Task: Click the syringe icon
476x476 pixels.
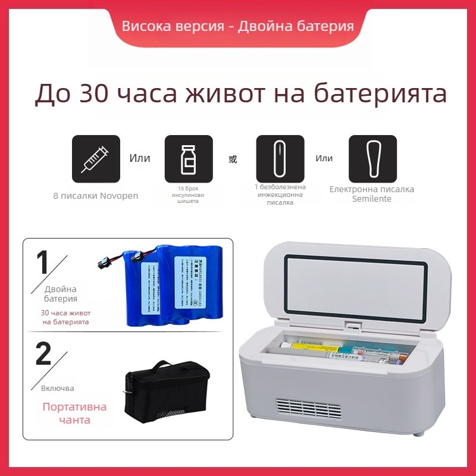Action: (96, 159)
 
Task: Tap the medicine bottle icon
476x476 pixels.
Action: (188, 159)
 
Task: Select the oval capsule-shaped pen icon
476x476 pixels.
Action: (280, 159)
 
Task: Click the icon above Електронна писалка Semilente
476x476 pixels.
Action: (372, 159)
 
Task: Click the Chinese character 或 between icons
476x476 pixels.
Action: (233, 159)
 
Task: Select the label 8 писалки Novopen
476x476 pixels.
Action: (96, 196)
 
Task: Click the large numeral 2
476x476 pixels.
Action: (43, 354)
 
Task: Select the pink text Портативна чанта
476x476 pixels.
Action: (74, 414)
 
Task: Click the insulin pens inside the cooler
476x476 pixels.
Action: (345, 353)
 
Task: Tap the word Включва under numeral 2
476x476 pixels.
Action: (58, 388)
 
